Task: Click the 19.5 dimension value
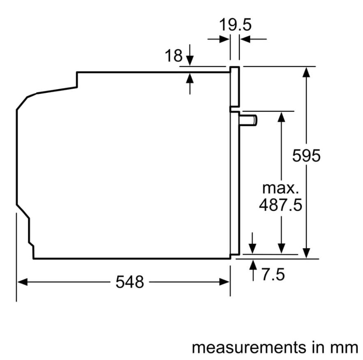tap(235, 25)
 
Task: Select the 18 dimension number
tap(173, 56)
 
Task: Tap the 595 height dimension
tap(306, 155)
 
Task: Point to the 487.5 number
tap(281, 205)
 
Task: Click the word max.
tap(280, 189)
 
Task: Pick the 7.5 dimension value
tap(273, 275)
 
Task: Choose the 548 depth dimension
tap(129, 282)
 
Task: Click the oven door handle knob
tap(248, 120)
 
